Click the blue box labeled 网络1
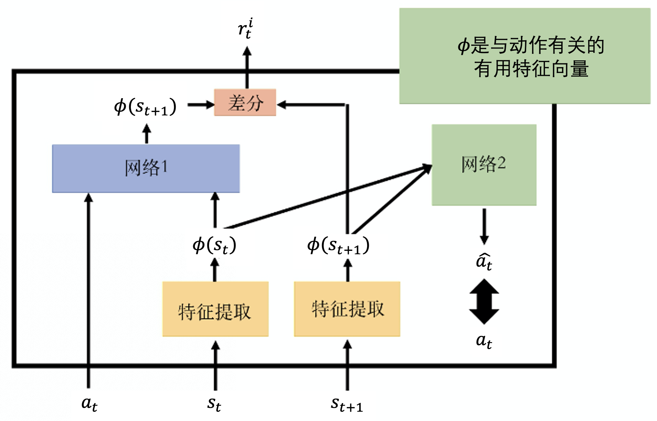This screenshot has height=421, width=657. (x=146, y=168)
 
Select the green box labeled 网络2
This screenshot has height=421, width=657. (x=484, y=165)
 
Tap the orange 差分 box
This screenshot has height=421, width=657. (x=245, y=103)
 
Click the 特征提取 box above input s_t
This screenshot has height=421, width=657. (x=215, y=309)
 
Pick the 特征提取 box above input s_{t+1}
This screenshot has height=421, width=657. (x=347, y=309)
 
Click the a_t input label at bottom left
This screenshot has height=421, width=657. (x=89, y=403)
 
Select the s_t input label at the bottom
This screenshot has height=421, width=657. (x=214, y=403)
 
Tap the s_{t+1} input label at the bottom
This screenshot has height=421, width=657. (x=346, y=404)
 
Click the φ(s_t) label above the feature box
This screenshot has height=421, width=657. (x=214, y=245)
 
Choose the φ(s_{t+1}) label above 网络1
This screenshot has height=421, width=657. (x=145, y=107)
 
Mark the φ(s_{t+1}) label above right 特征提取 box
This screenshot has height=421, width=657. (x=338, y=246)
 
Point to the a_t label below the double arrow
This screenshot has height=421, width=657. (x=484, y=341)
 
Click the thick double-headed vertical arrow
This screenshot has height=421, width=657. (x=484, y=301)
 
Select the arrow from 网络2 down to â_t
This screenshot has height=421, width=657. (x=484, y=226)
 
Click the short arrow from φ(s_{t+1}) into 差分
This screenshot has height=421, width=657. (x=201, y=104)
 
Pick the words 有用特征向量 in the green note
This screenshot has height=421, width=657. (x=531, y=69)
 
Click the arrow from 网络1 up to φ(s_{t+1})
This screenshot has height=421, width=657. (x=147, y=134)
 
